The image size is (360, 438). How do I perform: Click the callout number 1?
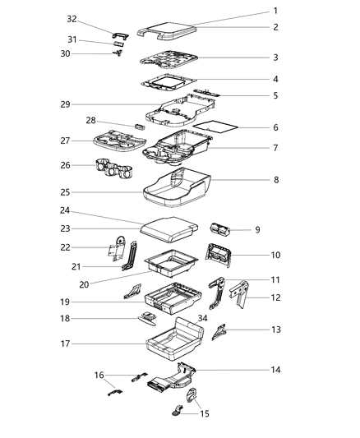[x=276, y=11]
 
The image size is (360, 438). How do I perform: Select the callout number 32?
[x=72, y=19]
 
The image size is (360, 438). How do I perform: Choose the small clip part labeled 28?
[x=139, y=128]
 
